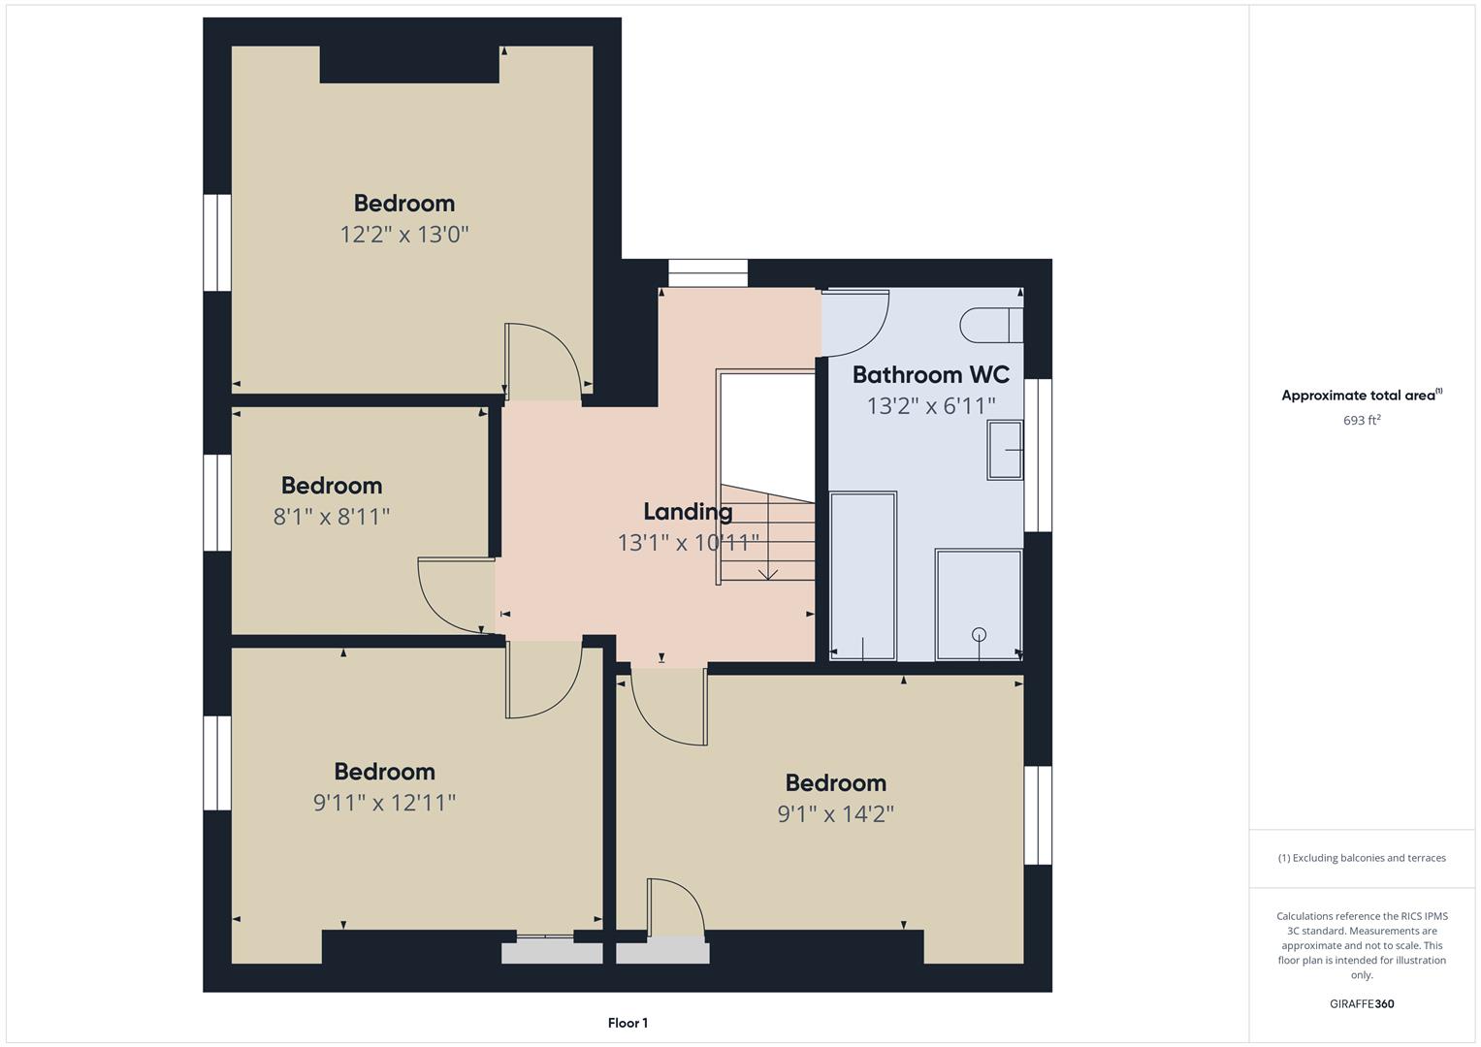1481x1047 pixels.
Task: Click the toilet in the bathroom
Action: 991,325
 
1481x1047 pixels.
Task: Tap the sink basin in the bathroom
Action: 1005,450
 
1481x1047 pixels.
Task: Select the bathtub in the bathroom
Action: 863,576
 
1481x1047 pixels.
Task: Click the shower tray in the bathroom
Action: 979,605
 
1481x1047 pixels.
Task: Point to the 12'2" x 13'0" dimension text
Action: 404,234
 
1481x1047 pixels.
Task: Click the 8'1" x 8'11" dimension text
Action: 332,516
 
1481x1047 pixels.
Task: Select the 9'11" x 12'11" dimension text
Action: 384,803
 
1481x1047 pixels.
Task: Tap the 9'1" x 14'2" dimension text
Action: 836,813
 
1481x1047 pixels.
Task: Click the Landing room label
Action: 688,512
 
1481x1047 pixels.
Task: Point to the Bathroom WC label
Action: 931,375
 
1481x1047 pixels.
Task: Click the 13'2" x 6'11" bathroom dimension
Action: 931,406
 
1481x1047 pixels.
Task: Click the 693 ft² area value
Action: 1362,420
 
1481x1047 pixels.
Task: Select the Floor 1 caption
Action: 628,1023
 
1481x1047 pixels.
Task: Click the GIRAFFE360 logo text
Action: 1362,1003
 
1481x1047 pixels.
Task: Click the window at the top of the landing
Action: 708,273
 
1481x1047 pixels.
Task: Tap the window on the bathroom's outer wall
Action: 1038,455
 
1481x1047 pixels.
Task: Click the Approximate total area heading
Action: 1362,396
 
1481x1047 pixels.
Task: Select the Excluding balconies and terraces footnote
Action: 1362,858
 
